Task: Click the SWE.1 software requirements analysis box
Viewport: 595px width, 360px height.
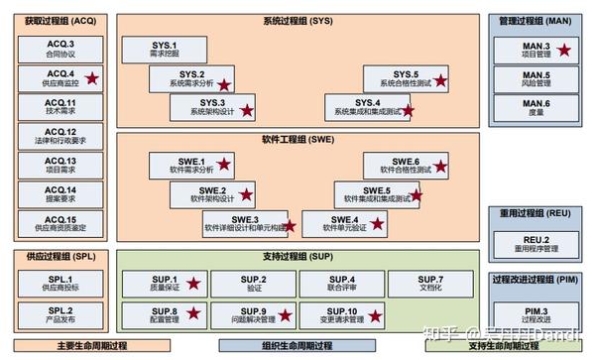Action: [x=188, y=167]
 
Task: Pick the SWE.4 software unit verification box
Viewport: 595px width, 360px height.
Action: [x=345, y=224]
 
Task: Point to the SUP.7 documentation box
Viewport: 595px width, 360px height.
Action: [x=429, y=285]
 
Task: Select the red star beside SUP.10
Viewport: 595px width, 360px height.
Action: [x=376, y=315]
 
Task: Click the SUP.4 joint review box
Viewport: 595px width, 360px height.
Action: [x=342, y=285]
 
